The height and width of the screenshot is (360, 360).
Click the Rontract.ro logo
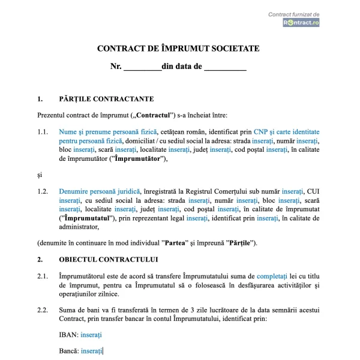pyautogui.click(x=301, y=22)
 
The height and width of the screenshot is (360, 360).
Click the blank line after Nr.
pyautogui.click(x=142, y=67)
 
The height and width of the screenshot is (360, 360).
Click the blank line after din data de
pyautogui.click(x=225, y=67)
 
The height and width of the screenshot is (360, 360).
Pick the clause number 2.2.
pyautogui.click(x=42, y=310)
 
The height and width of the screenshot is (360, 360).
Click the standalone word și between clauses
pyautogui.click(x=40, y=175)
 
